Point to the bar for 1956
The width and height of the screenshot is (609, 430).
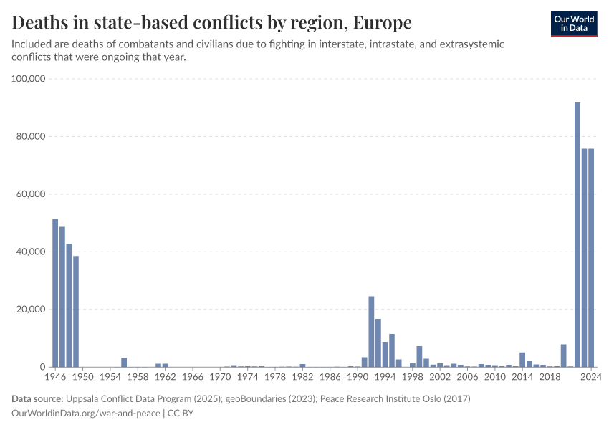click(124, 362)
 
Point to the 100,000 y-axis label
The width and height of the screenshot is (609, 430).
click(29, 79)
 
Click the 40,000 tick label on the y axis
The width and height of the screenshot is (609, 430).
click(32, 252)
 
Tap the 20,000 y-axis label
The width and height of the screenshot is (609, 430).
click(32, 310)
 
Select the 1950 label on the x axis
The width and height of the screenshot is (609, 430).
click(82, 376)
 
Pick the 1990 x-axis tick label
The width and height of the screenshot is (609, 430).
click(358, 376)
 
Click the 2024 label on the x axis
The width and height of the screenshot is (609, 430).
click(590, 376)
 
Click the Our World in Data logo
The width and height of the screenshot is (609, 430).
click(574, 24)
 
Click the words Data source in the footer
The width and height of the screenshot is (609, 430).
click(37, 398)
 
